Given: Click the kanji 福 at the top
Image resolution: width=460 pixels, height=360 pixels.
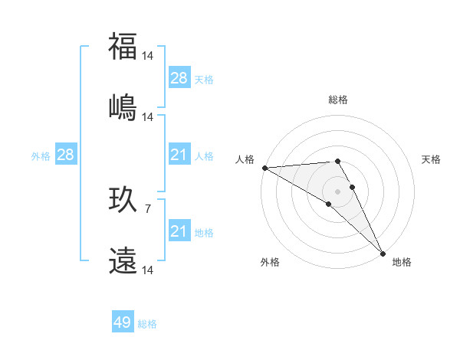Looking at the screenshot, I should point(123,47).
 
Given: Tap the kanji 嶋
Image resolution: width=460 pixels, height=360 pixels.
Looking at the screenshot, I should point(123,106).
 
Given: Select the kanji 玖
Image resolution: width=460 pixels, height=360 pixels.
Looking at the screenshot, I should point(123,201).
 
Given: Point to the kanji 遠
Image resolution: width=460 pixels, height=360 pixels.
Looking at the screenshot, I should point(123,260).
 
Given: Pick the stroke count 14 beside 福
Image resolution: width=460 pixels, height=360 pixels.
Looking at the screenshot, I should point(148,56).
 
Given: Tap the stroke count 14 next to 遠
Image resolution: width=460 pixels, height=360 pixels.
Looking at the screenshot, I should point(148,270).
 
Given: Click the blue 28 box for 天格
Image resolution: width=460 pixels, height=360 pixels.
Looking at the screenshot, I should point(179,78).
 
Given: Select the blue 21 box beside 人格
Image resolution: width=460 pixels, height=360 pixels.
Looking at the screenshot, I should point(179,155).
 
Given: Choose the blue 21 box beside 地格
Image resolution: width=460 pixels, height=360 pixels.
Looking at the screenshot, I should point(179,231).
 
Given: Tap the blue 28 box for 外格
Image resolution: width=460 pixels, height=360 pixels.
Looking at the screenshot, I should point(66,155).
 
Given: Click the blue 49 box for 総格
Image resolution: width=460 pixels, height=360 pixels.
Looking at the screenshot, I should point(123,322).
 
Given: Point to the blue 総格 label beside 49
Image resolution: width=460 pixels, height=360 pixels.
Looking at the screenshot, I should point(147,324).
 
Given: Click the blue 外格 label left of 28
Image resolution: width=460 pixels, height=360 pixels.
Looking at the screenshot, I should point(41,156).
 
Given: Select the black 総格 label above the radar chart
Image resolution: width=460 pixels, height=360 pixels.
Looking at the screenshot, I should point(338,100).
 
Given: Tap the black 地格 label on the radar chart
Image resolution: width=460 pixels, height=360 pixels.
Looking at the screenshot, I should point(402,262).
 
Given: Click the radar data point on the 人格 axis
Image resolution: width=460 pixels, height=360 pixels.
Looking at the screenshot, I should point(264,168).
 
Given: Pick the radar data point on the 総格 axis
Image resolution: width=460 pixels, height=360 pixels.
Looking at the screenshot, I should point(337,161).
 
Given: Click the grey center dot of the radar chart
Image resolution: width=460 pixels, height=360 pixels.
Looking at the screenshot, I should point(337,191).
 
